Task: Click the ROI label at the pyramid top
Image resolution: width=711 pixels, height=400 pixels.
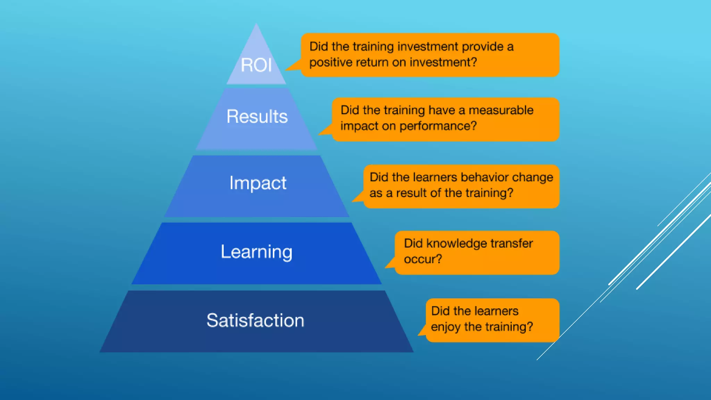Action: click(x=256, y=65)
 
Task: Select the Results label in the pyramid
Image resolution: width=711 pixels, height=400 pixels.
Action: click(x=257, y=116)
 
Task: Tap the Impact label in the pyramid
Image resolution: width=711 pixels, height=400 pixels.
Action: click(x=258, y=183)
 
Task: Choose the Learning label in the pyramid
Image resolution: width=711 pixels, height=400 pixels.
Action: click(x=257, y=252)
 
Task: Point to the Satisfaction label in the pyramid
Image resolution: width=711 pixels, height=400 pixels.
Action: click(x=256, y=320)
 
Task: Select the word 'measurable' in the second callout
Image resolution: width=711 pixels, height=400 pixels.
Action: click(x=501, y=110)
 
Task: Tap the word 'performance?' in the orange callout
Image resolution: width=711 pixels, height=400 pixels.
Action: click(x=438, y=126)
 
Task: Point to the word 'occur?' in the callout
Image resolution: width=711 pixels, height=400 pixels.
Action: click(x=423, y=259)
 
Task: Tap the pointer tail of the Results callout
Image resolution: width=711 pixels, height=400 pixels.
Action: click(x=326, y=131)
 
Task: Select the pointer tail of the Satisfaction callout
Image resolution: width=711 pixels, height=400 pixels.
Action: click(x=422, y=331)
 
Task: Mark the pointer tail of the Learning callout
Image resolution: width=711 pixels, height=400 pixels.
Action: click(x=390, y=264)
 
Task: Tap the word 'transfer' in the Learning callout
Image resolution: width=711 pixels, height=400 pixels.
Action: click(x=512, y=243)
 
